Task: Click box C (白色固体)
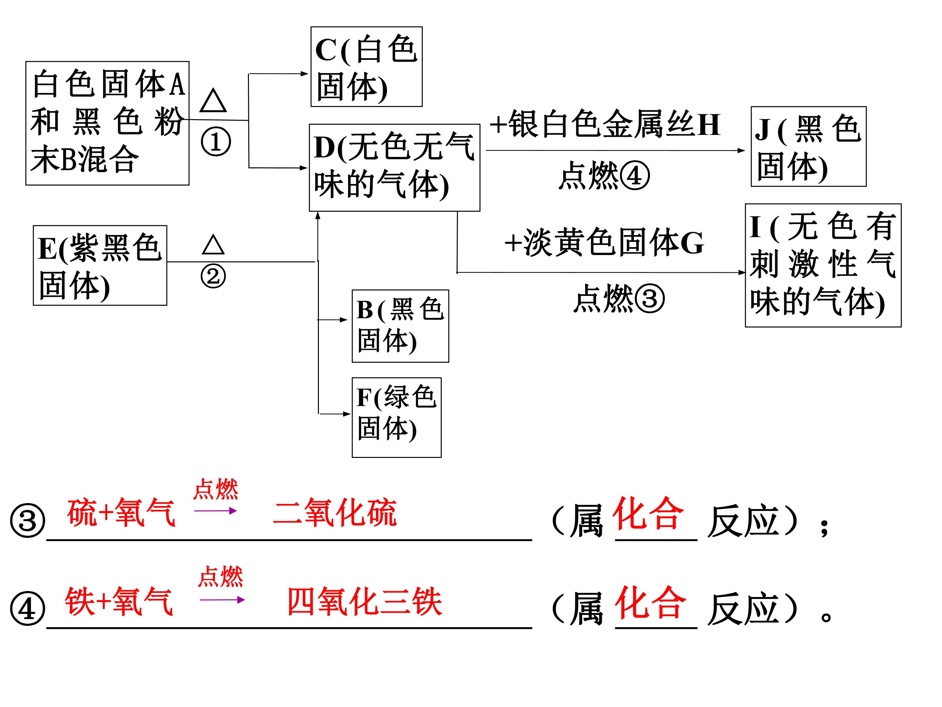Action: (x=366, y=66)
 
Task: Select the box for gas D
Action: (x=394, y=168)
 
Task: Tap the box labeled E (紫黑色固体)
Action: (x=100, y=265)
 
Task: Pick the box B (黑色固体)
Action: (x=400, y=326)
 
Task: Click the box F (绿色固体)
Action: (x=396, y=417)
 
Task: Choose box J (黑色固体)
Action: (x=808, y=146)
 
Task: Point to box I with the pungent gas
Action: (x=823, y=265)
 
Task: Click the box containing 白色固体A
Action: (x=107, y=123)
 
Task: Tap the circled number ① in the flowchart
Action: (x=216, y=142)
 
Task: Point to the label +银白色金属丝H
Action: (x=605, y=124)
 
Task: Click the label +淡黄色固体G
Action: (x=604, y=243)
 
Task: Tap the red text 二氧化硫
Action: (x=335, y=512)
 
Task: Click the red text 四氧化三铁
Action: (x=365, y=601)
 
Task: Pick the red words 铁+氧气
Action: (x=119, y=601)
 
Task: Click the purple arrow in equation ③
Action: (x=216, y=511)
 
